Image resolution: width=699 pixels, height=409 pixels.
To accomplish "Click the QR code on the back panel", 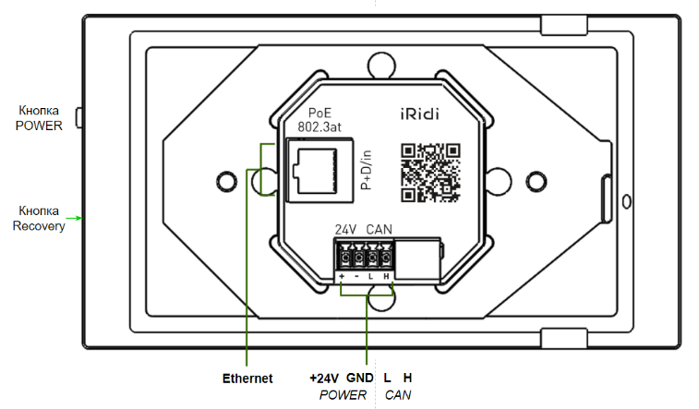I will [430, 171].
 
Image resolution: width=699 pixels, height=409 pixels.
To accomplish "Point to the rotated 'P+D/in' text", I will [366, 170].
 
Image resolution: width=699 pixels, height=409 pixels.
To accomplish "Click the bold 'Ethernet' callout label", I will [247, 379].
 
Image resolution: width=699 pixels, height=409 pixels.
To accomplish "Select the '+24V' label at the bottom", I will [324, 379].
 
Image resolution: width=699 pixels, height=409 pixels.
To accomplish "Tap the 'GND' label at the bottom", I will [359, 379].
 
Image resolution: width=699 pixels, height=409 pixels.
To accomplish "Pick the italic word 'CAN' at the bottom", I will [398, 395].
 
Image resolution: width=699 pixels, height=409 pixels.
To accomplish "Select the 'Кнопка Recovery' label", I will [39, 218].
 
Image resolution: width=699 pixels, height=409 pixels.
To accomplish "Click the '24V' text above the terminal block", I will [345, 229].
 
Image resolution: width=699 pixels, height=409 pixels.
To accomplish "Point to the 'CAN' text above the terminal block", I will [380, 229].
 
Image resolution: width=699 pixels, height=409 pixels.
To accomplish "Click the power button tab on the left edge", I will [78, 118].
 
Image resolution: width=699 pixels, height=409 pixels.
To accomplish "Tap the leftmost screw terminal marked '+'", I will [343, 258].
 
